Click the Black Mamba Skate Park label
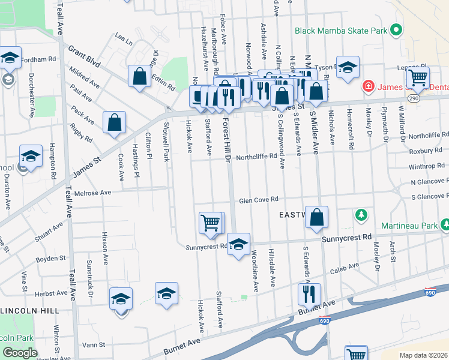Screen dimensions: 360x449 340,30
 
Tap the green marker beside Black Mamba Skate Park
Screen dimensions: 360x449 396,29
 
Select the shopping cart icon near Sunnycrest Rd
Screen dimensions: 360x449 211,223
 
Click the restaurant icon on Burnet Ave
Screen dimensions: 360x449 310,295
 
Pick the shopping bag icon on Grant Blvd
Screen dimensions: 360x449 139,77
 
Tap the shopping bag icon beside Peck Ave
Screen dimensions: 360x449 114,123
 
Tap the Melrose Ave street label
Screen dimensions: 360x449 93,193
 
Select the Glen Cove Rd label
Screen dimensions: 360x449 260,200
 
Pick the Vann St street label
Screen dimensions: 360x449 94,345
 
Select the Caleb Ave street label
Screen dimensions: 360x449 345,267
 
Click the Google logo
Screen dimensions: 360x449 20,353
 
